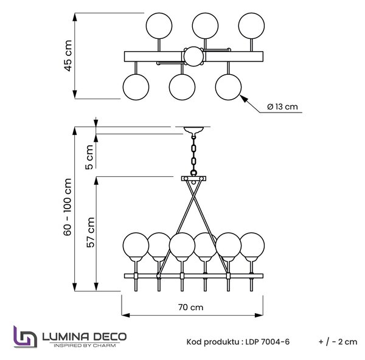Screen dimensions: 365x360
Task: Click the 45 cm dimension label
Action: [68, 55]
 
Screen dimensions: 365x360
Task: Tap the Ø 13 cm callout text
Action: [282, 106]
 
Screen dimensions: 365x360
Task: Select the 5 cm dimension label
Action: [89, 157]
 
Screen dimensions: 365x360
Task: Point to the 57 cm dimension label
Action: [91, 232]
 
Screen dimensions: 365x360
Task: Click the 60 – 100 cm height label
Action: [68, 207]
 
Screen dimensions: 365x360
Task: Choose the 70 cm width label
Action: [190, 307]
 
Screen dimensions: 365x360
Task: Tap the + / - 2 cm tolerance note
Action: [338, 342]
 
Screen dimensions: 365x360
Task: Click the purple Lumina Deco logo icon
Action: [25, 336]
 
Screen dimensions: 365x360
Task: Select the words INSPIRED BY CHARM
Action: [85, 345]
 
